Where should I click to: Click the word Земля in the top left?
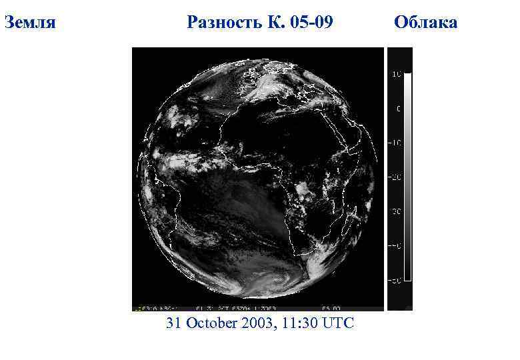pos(30,23)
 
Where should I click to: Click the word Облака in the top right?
pos(425,23)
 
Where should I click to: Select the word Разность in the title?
pos(224,23)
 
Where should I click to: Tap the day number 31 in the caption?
pos(175,323)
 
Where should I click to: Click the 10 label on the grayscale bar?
pos(396,74)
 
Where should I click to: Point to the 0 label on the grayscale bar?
pos(399,108)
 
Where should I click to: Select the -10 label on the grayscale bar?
pos(395,143)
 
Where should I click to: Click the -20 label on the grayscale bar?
pos(395,177)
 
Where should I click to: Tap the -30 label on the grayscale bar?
pos(395,211)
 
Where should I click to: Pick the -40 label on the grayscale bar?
pos(395,246)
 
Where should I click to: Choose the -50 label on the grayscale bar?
pos(395,281)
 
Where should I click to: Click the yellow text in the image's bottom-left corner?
pos(150,309)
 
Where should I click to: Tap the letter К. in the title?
pos(274,23)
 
